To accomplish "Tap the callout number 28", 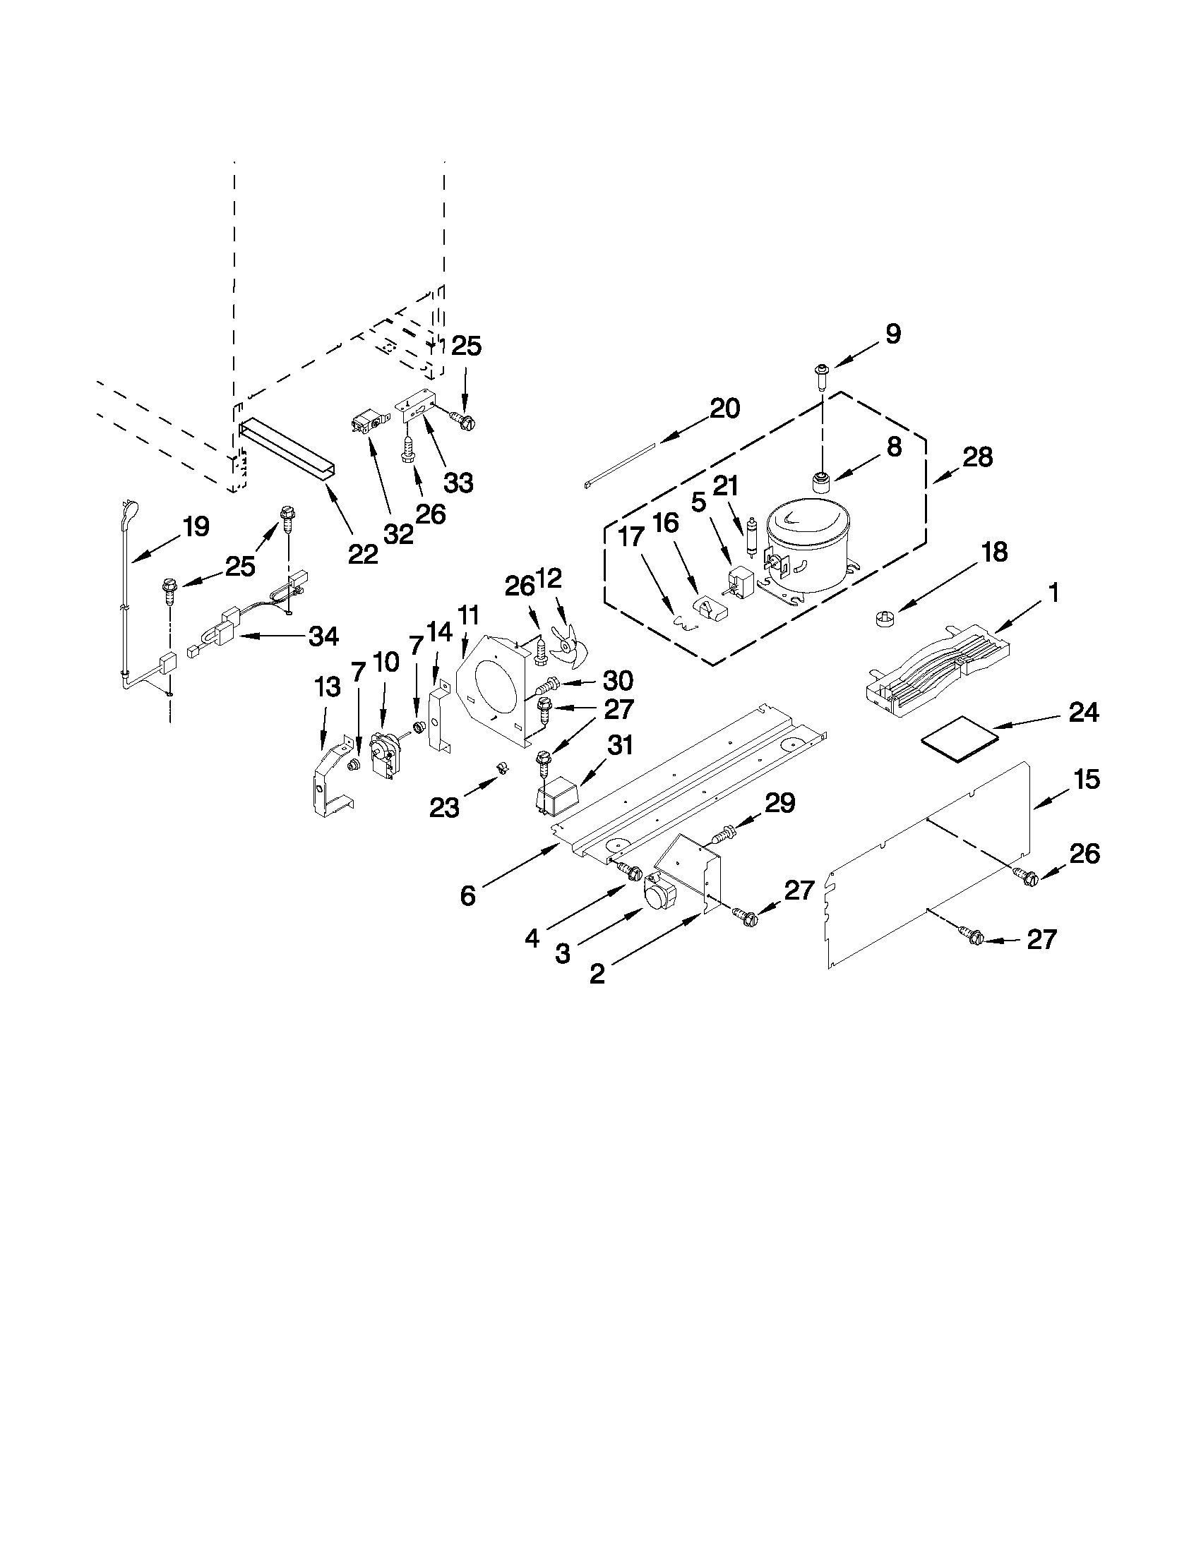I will click(x=978, y=457).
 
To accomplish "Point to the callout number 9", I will click(x=893, y=334).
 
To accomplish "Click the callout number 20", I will click(x=724, y=408).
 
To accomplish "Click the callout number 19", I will click(x=195, y=527).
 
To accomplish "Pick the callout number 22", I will click(x=363, y=553).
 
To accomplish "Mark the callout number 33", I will click(x=459, y=483).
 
